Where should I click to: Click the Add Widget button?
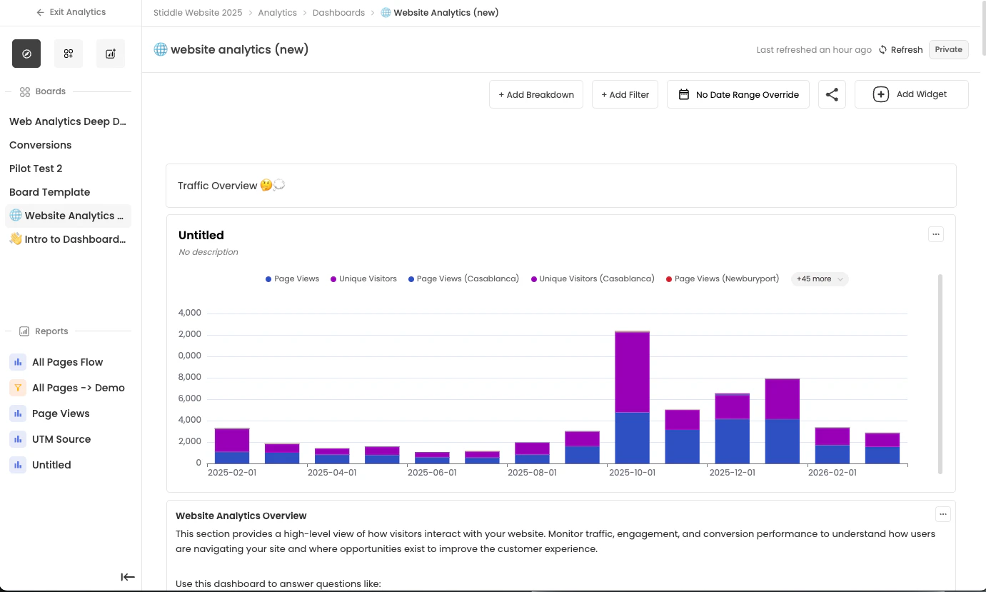coord(911,94)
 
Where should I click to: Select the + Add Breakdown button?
coord(536,94)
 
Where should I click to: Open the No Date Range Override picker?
coord(738,94)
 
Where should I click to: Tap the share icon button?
coord(832,94)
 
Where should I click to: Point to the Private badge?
coord(948,49)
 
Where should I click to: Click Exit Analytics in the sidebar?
coord(71,12)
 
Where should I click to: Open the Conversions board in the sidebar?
coord(41,145)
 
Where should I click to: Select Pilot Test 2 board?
coord(36,169)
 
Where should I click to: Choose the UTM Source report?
coord(61,439)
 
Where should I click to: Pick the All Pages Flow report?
coord(67,362)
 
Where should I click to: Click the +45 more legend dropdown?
coord(820,279)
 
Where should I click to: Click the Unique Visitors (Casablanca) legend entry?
coord(596,279)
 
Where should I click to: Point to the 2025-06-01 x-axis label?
coord(432,473)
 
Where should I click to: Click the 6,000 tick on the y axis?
coord(190,398)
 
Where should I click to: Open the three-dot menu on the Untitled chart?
coord(935,234)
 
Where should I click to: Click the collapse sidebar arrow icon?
coord(128,577)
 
